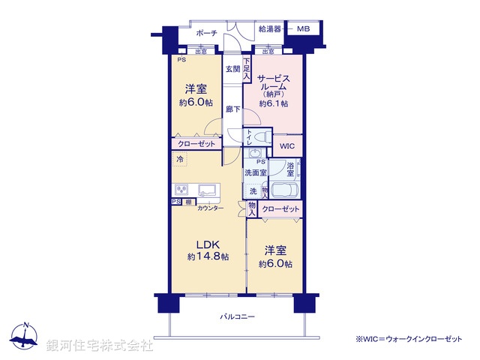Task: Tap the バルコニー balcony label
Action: pyautogui.click(x=236, y=317)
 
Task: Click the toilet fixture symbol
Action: pyautogui.click(x=259, y=138)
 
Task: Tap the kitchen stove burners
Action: pyautogui.click(x=182, y=189)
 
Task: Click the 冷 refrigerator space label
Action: pyautogui.click(x=180, y=160)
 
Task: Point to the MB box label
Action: pyautogui.click(x=302, y=29)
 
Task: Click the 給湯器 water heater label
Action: pyautogui.click(x=269, y=29)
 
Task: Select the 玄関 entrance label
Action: pyautogui.click(x=232, y=70)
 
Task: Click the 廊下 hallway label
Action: pyautogui.click(x=232, y=109)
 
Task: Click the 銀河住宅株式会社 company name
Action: pyautogui.click(x=99, y=346)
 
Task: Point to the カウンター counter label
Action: pyautogui.click(x=210, y=207)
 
